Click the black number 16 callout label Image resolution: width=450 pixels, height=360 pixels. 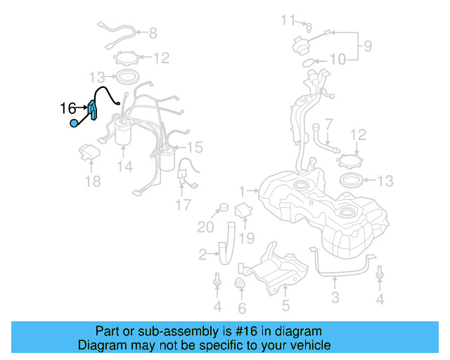tap(67, 108)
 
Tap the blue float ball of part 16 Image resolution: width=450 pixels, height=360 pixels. tap(74, 124)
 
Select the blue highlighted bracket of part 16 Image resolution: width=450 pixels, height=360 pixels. tap(92, 110)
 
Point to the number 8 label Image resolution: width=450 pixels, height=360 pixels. tap(153, 32)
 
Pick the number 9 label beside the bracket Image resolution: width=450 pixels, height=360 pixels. tap(367, 49)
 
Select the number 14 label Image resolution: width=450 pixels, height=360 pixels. tap(124, 167)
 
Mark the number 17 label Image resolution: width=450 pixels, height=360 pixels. tap(183, 205)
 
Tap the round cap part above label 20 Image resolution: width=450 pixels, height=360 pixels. tap(223, 207)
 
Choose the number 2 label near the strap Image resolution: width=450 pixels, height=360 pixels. tap(202, 254)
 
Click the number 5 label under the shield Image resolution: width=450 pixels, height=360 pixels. tap(285, 305)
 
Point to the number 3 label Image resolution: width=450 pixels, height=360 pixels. tap(335, 297)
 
